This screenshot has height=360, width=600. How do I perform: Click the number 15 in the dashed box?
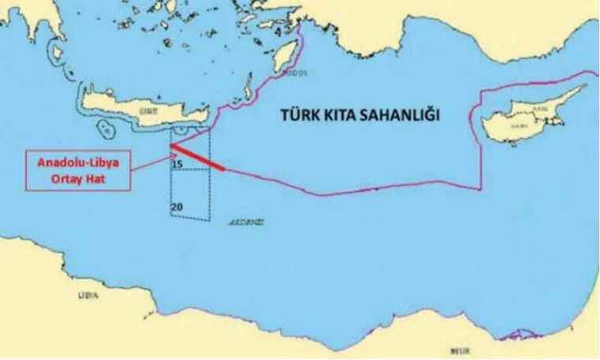(x=177, y=164)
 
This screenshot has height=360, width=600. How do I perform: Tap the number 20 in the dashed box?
(x=177, y=207)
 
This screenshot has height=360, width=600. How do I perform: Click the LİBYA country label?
(x=88, y=295)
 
